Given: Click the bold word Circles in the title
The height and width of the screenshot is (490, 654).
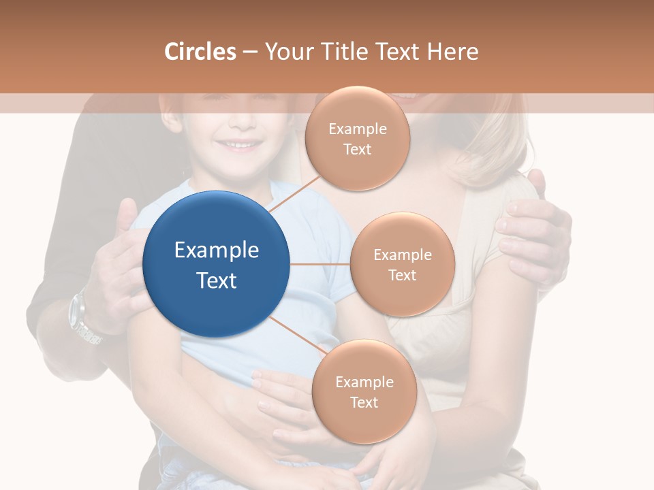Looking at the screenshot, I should click(200, 52).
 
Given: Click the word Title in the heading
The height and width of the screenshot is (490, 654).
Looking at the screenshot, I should click(344, 52).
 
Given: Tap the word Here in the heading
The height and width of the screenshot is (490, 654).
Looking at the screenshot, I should click(453, 52).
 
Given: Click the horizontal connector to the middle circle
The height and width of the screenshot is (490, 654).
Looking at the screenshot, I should click(320, 264).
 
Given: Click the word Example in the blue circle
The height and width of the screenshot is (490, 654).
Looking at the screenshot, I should click(217, 250).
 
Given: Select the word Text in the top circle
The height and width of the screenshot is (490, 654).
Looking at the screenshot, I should click(358, 150).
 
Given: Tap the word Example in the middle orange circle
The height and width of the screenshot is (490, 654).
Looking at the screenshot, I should click(403, 255).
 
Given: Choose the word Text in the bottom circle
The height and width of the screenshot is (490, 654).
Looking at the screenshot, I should click(364, 403).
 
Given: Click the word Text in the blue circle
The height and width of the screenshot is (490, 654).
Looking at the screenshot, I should click(217, 280).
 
